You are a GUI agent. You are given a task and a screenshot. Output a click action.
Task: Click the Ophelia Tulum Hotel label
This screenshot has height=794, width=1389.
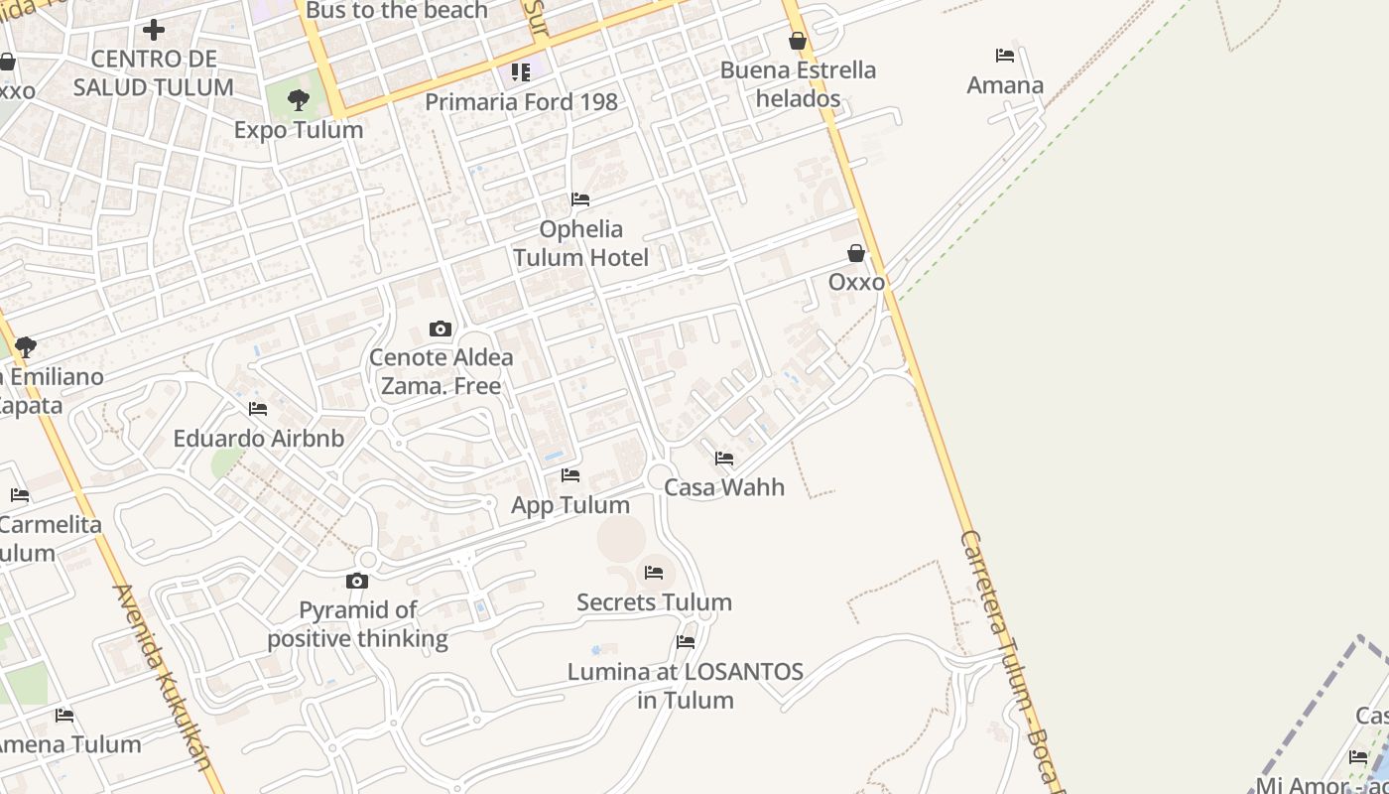[580, 244]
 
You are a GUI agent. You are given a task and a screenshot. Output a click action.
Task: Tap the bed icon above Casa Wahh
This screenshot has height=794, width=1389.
[724, 459]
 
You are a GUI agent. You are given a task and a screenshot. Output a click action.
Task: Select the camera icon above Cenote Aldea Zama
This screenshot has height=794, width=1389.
[441, 329]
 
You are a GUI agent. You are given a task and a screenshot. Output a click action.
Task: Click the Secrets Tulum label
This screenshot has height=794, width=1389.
[654, 602]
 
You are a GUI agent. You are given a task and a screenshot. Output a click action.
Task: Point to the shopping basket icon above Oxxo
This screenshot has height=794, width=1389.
[856, 254]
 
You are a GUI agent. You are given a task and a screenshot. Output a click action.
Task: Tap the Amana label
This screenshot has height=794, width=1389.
[1005, 85]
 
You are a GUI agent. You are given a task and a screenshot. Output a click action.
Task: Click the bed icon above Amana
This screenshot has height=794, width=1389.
[1005, 56]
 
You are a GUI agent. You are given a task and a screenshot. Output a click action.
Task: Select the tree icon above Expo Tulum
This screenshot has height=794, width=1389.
[298, 99]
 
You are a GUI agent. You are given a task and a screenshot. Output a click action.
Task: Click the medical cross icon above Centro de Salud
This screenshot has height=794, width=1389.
[154, 30]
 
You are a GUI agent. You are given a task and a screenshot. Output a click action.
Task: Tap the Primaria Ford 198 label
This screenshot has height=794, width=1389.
[521, 102]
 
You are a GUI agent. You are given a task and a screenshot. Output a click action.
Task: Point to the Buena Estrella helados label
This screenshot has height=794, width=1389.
[798, 84]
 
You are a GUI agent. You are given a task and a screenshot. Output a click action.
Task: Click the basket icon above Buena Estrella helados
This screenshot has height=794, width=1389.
[798, 41]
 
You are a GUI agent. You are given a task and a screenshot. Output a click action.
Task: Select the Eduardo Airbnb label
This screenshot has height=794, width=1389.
[258, 439]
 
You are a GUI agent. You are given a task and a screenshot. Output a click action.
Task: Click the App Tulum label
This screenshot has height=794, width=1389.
[570, 505]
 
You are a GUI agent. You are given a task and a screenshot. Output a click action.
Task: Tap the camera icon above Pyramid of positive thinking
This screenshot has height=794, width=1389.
[357, 581]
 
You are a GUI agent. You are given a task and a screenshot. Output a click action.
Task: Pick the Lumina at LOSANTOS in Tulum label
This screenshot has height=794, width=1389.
[685, 686]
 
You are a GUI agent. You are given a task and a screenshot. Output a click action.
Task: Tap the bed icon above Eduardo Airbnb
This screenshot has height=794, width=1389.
[258, 409]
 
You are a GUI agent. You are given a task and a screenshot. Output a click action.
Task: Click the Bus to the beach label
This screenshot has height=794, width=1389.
[397, 11]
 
